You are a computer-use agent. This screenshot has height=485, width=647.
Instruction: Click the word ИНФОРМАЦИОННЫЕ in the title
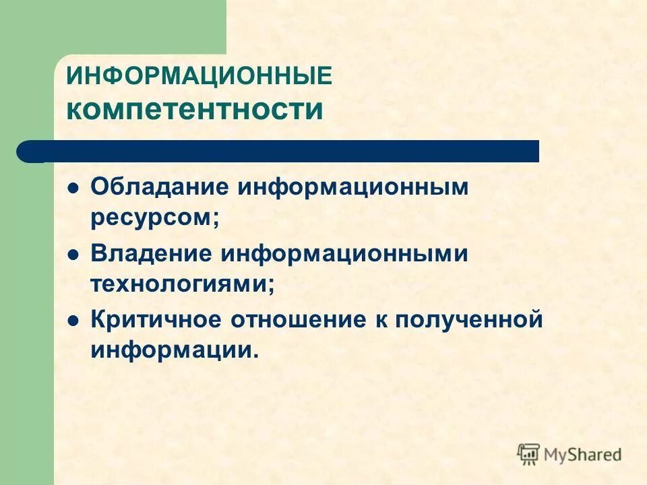coord(199,76)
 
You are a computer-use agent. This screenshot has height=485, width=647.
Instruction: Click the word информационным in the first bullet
coord(351,187)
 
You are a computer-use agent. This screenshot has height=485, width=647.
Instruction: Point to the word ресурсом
coord(152,218)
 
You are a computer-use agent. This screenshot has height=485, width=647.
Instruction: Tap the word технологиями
coord(180,284)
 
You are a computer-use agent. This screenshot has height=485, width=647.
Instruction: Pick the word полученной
coord(468,320)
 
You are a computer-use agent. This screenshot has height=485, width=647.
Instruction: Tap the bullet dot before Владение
coord(74,255)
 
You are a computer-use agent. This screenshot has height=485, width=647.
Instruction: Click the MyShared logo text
coord(583,455)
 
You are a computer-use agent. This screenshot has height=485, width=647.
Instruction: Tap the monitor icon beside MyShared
coord(528,454)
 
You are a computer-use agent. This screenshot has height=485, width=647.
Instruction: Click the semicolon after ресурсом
coord(216,220)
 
